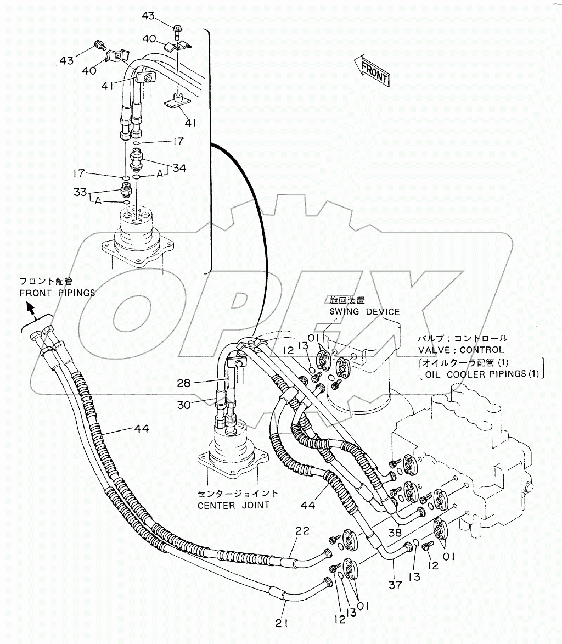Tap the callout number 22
pyautogui.click(x=303, y=531)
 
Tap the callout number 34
pyautogui.click(x=179, y=168)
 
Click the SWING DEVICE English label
pyautogui.click(x=364, y=311)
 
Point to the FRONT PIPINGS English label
pyautogui.click(x=57, y=293)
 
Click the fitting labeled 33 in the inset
pyautogui.click(x=126, y=192)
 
